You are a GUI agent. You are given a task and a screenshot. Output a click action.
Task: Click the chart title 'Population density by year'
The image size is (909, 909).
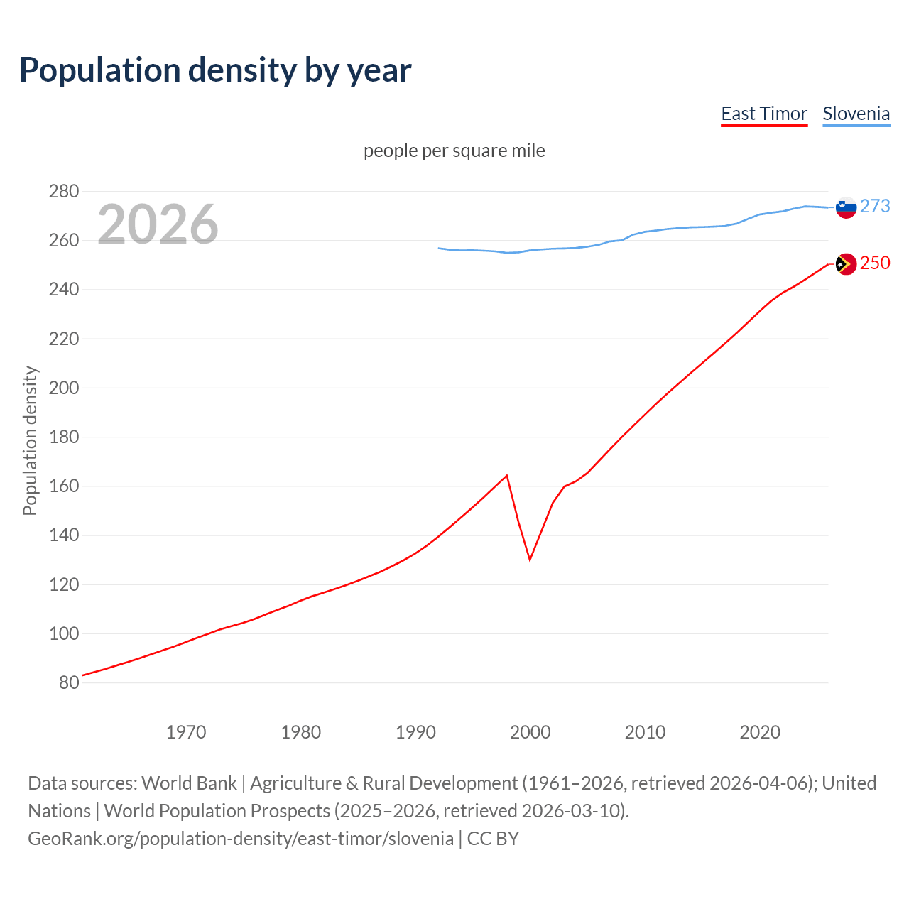(x=215, y=70)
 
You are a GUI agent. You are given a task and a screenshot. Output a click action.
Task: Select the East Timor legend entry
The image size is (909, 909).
(x=764, y=114)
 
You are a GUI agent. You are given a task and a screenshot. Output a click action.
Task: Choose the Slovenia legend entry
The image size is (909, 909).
(x=856, y=114)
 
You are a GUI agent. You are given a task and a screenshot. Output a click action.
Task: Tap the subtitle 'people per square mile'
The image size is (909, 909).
(x=454, y=151)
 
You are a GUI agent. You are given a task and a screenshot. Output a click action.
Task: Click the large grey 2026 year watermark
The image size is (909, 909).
(x=158, y=224)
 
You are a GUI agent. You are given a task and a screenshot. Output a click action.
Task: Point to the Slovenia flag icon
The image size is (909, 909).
(x=846, y=207)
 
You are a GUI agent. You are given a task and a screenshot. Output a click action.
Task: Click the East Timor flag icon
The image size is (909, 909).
(x=846, y=264)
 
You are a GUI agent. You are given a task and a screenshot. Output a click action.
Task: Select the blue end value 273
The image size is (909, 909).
(x=875, y=206)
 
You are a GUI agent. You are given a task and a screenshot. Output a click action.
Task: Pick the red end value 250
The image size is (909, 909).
(x=875, y=263)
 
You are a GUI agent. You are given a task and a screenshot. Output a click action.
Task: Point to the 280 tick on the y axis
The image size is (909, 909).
(x=64, y=192)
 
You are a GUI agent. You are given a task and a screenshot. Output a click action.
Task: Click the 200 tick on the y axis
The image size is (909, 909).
(x=64, y=388)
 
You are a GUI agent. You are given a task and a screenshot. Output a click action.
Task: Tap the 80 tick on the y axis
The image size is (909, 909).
(x=69, y=682)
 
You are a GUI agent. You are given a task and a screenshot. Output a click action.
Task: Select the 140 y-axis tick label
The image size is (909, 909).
(x=64, y=535)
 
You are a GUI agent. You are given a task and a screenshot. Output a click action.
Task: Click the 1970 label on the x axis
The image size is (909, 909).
(x=186, y=732)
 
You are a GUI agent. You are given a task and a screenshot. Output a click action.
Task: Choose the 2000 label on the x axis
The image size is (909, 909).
(x=530, y=732)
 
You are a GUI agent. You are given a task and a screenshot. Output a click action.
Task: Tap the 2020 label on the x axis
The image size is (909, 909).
(x=760, y=732)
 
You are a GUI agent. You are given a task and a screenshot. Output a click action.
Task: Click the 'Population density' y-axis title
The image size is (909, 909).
(x=30, y=440)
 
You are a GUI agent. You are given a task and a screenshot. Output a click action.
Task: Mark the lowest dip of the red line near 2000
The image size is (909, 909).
(x=530, y=560)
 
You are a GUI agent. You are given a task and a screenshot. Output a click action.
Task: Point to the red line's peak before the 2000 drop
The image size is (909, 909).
(x=506, y=475)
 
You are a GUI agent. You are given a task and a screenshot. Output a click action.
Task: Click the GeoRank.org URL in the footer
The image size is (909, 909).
(x=241, y=839)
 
